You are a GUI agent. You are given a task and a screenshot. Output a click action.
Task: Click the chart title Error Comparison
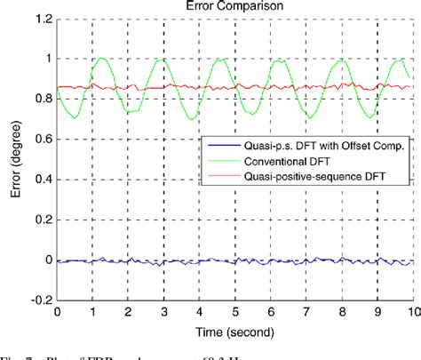point(234,6)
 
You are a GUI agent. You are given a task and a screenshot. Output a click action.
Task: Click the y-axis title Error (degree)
point(12,161)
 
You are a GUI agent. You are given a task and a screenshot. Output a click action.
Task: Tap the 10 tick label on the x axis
point(410,313)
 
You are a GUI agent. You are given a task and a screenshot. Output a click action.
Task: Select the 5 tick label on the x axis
point(234,313)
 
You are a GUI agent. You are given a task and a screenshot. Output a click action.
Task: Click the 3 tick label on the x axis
point(163,313)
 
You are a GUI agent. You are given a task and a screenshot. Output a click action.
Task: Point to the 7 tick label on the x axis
point(305,313)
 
